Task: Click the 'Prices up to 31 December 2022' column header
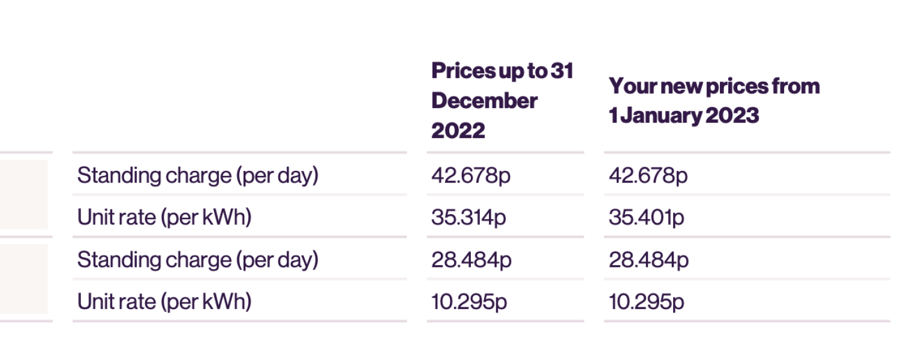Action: [501, 100]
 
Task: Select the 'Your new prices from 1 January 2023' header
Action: [714, 100]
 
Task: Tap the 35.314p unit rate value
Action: [468, 218]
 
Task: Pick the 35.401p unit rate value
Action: [646, 218]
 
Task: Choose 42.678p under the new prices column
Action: [648, 176]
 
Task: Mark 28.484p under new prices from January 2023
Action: [648, 260]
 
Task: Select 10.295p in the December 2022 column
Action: [468, 302]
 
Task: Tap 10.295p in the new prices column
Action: [646, 302]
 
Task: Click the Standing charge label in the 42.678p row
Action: [197, 176]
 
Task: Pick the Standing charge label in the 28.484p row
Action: [197, 260]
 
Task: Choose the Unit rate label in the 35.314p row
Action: [164, 218]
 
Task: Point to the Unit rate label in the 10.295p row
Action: [164, 302]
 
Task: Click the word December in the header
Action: [484, 101]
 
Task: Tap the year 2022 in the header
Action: [458, 130]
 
